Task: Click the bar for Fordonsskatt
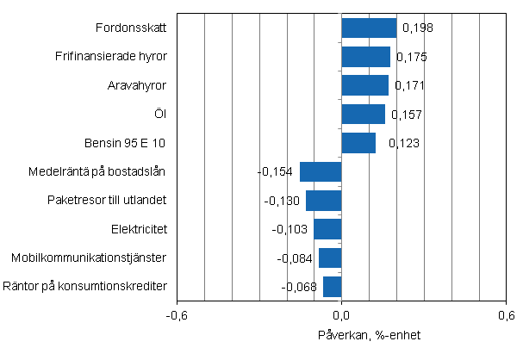point(369,28)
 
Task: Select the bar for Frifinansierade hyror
point(366,57)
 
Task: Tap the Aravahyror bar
point(365,85)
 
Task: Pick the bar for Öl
point(364,115)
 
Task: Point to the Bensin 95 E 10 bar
point(358,143)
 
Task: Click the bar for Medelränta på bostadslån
point(321,171)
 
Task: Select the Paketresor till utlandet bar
point(324,201)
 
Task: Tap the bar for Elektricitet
point(327,229)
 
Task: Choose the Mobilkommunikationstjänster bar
point(330,258)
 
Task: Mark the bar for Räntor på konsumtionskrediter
point(333,287)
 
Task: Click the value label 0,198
point(416,28)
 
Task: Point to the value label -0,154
point(276,172)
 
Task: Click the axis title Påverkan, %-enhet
point(344,334)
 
